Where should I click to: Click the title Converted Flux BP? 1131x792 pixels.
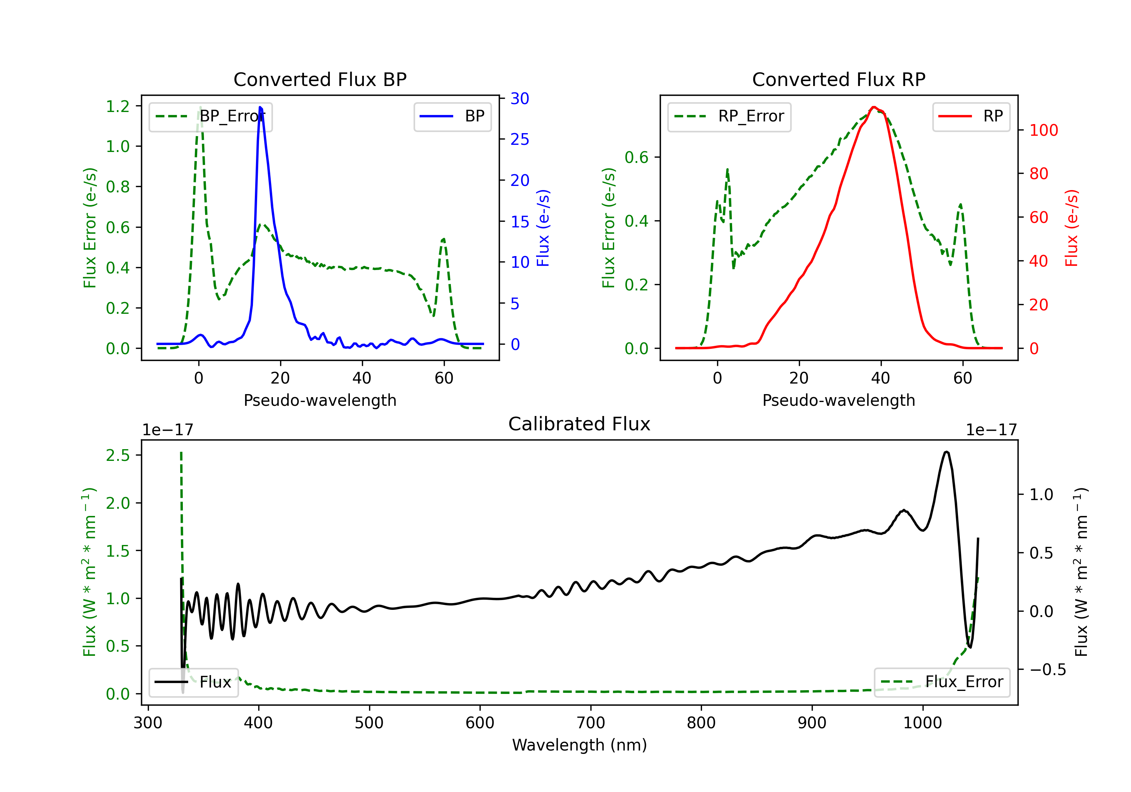tap(320, 79)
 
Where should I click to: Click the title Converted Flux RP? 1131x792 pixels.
tap(838, 79)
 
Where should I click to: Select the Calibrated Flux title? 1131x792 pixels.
tap(579, 424)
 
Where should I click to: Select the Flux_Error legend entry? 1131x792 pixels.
tap(942, 682)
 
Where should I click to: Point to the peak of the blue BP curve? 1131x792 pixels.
tap(260, 107)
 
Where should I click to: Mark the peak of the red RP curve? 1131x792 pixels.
tap(874, 107)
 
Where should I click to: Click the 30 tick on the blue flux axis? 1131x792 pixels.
tap(520, 98)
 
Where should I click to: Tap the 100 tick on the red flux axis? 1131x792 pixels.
tap(1043, 130)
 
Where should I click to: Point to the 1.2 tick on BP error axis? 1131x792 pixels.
tap(118, 106)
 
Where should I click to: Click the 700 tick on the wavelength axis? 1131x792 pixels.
tap(591, 723)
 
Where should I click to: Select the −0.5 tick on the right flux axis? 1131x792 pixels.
tap(1047, 669)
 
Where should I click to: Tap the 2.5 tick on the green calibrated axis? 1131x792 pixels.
tap(118, 455)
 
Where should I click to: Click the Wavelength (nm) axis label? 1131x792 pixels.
tap(579, 745)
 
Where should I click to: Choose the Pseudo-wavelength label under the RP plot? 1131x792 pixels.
tap(838, 400)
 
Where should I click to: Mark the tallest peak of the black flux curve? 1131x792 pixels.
tap(946, 451)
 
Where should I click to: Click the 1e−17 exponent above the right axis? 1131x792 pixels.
tap(991, 430)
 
